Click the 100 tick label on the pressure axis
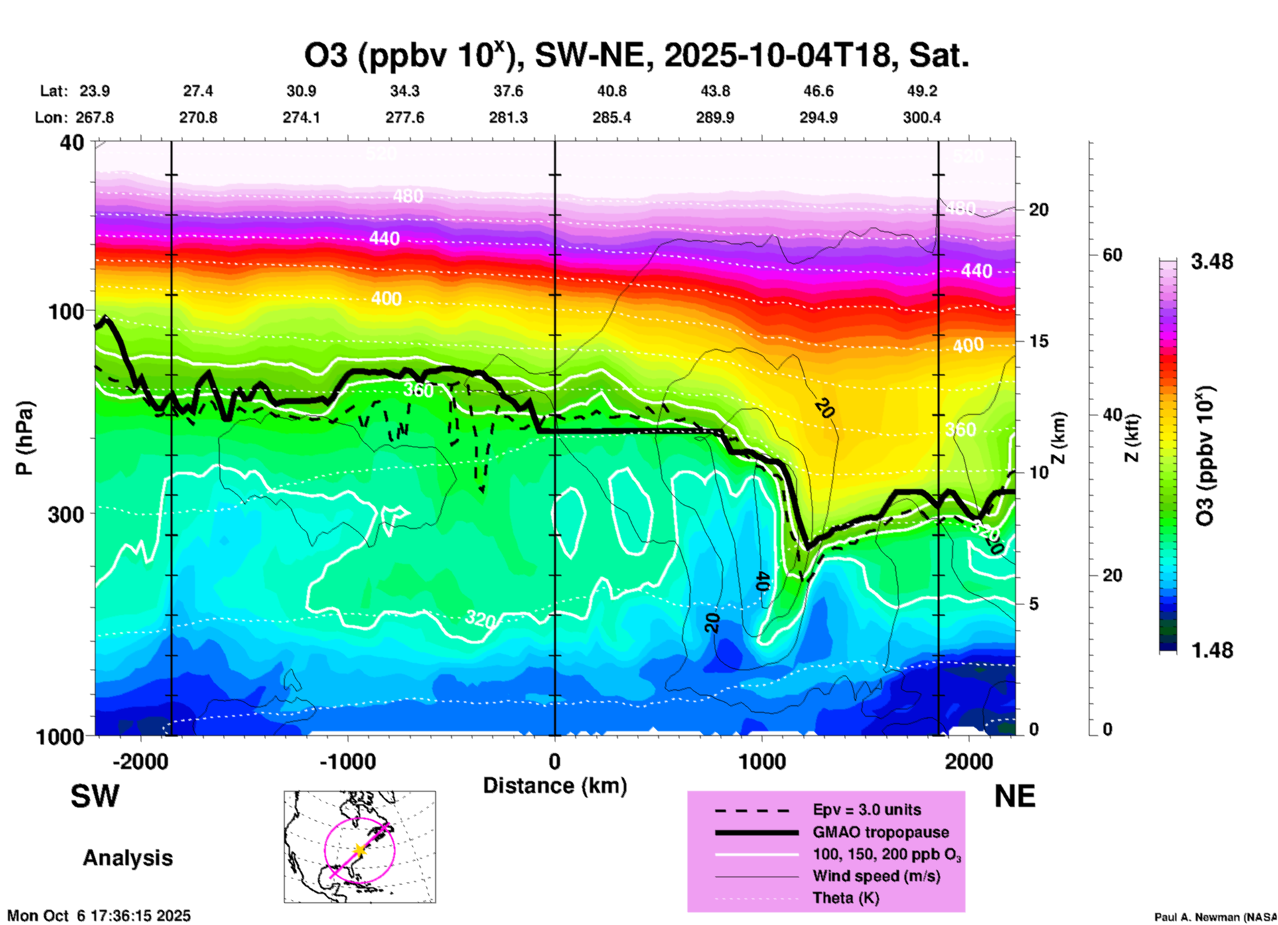click(66, 311)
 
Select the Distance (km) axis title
click(555, 786)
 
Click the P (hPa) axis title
click(25, 438)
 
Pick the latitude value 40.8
click(611, 91)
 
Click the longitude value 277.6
click(405, 117)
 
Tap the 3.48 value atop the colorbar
click(1212, 261)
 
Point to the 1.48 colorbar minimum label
click(1212, 650)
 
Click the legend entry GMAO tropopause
click(881, 832)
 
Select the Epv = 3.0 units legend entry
click(867, 810)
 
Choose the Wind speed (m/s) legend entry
click(876, 876)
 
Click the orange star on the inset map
click(360, 849)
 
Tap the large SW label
click(95, 796)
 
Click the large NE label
click(1015, 796)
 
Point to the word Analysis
click(127, 857)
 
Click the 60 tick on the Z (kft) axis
click(1112, 255)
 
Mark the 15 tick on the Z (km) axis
click(1038, 341)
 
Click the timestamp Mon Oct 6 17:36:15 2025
click(99, 916)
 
